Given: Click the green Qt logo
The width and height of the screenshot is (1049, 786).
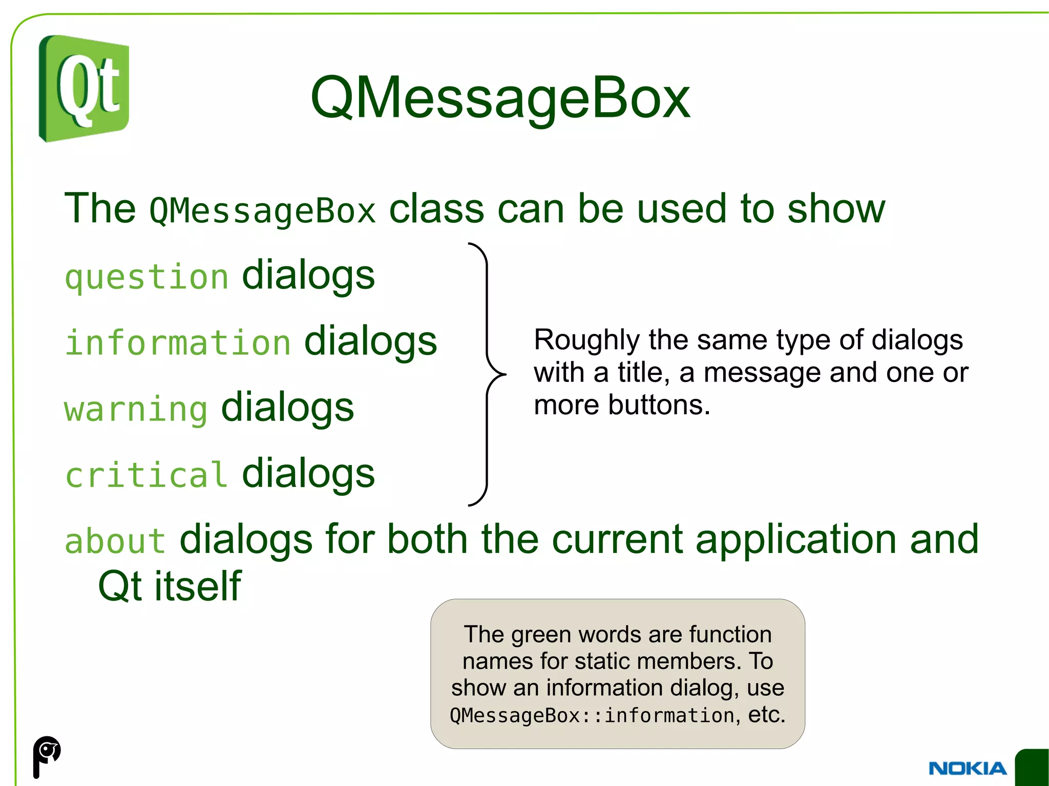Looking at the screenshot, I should [x=84, y=89].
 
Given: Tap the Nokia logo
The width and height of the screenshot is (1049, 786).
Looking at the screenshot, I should [x=967, y=768].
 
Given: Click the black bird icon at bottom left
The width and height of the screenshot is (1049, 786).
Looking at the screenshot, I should [x=47, y=756].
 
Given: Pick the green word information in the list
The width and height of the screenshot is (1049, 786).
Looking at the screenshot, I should [x=178, y=343].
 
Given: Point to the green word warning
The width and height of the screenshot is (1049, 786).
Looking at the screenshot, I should [x=136, y=409].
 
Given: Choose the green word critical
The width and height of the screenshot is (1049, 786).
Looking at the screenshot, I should [x=146, y=475].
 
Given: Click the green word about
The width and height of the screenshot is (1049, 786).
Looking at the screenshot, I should [x=115, y=541].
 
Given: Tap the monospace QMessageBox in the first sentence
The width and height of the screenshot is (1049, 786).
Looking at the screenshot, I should [x=262, y=211].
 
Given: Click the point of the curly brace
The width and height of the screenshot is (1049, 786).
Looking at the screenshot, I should [x=504, y=374].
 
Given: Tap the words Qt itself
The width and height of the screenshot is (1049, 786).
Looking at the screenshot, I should [x=170, y=586].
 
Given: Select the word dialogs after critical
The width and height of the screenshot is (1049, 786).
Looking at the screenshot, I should [x=308, y=474].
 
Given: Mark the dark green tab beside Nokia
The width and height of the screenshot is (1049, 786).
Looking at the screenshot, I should [x=1033, y=767].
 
